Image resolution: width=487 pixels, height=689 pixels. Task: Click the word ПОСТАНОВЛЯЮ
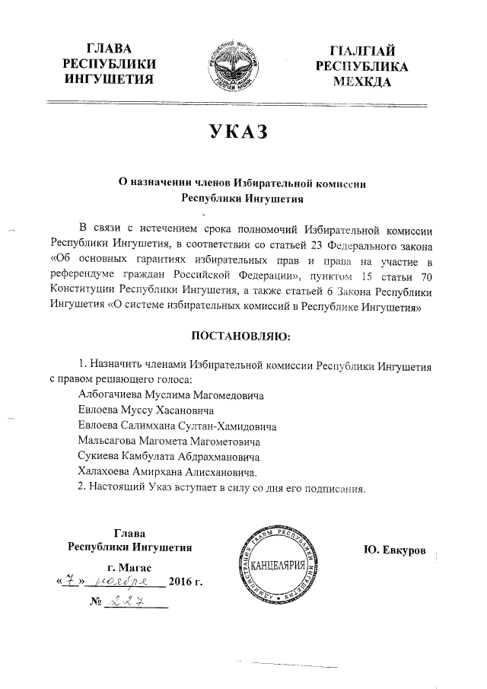coord(240,336)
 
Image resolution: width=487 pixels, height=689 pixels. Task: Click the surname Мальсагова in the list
coord(110,442)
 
